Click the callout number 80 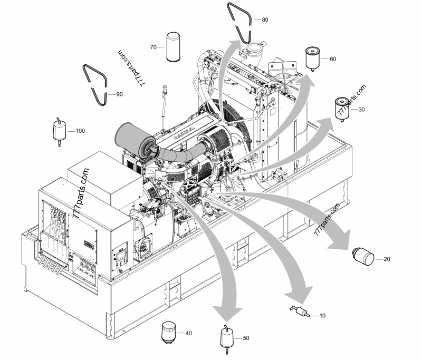265,20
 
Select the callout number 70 154,47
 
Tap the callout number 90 119,94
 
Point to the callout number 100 80,130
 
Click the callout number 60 333,59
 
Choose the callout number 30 361,110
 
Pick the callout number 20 387,259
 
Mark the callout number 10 323,315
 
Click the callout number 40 189,333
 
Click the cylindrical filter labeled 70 174,47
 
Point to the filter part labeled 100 59,131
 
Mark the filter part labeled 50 226,337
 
